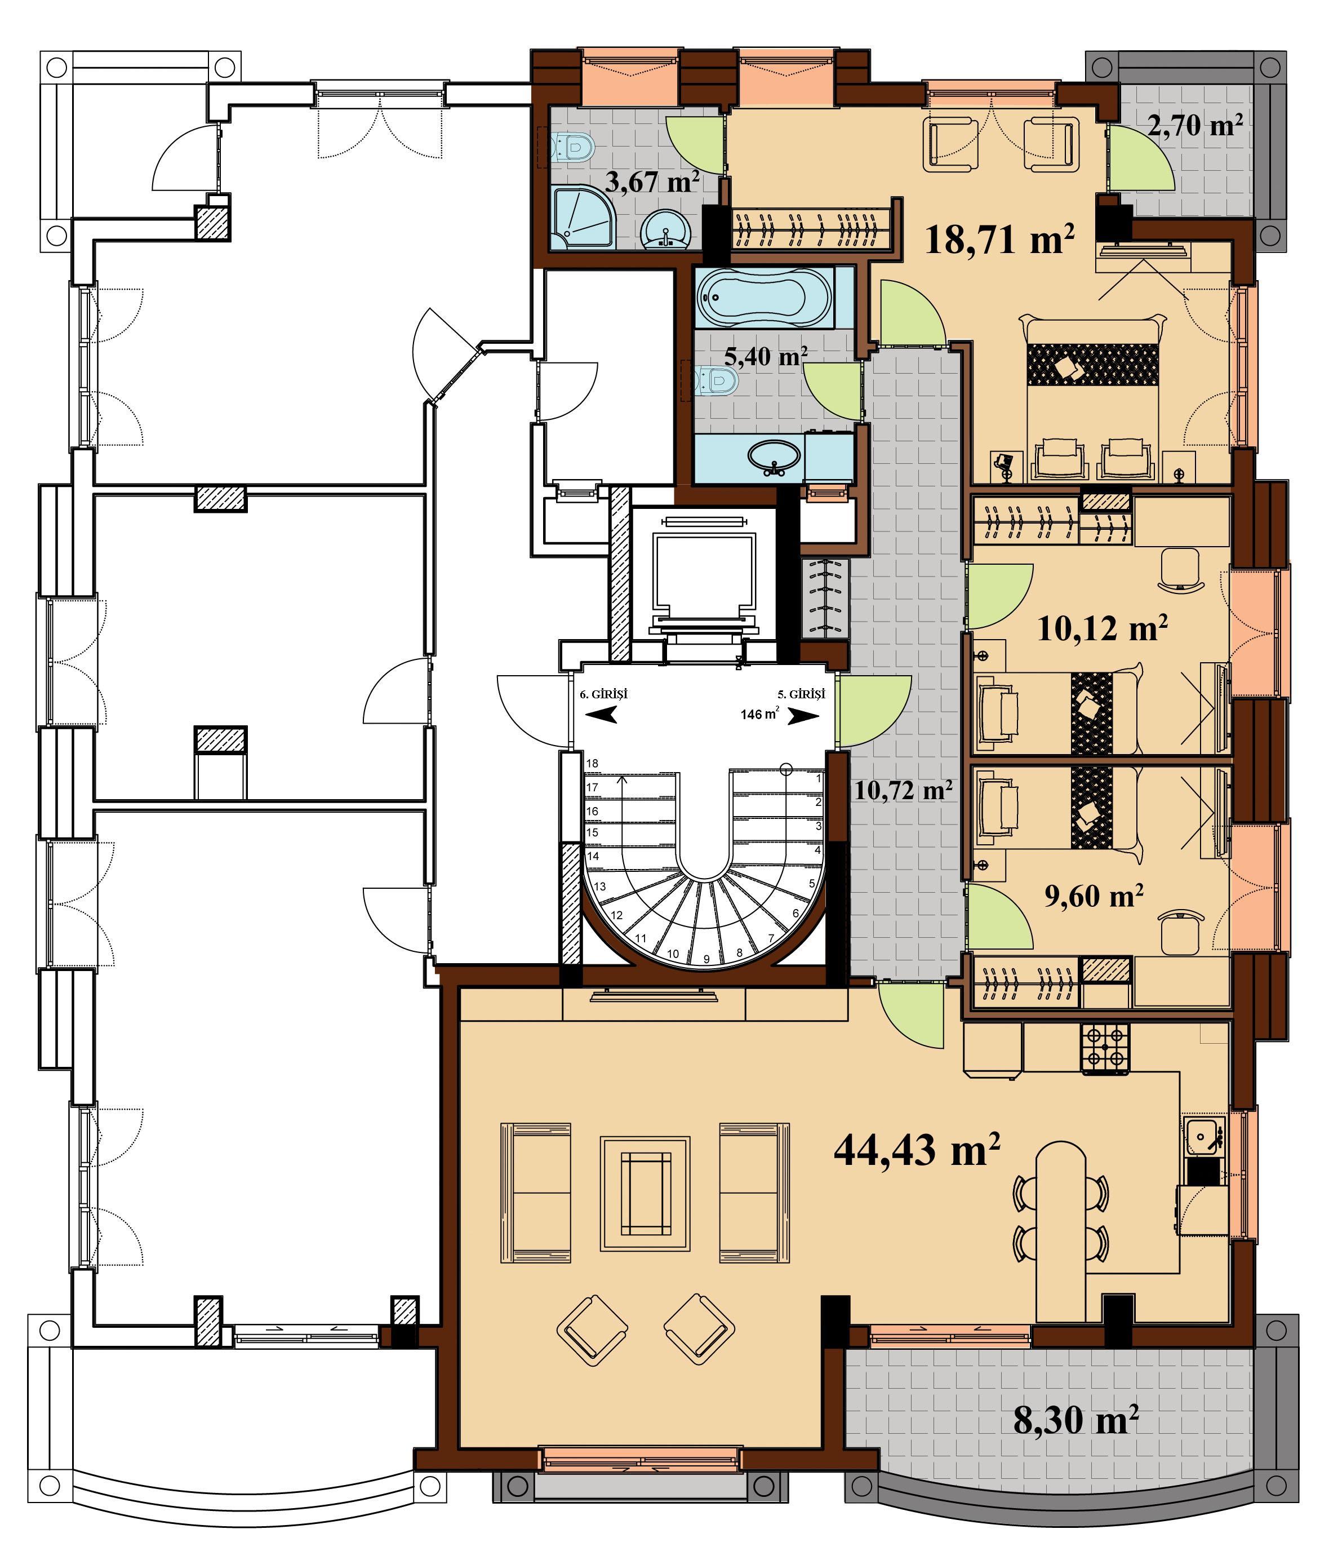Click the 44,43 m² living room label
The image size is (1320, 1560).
tap(917, 1150)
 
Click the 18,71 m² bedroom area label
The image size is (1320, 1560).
tap(1001, 240)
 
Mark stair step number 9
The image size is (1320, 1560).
tap(706, 958)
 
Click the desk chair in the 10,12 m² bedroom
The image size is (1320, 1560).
tap(1180, 569)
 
